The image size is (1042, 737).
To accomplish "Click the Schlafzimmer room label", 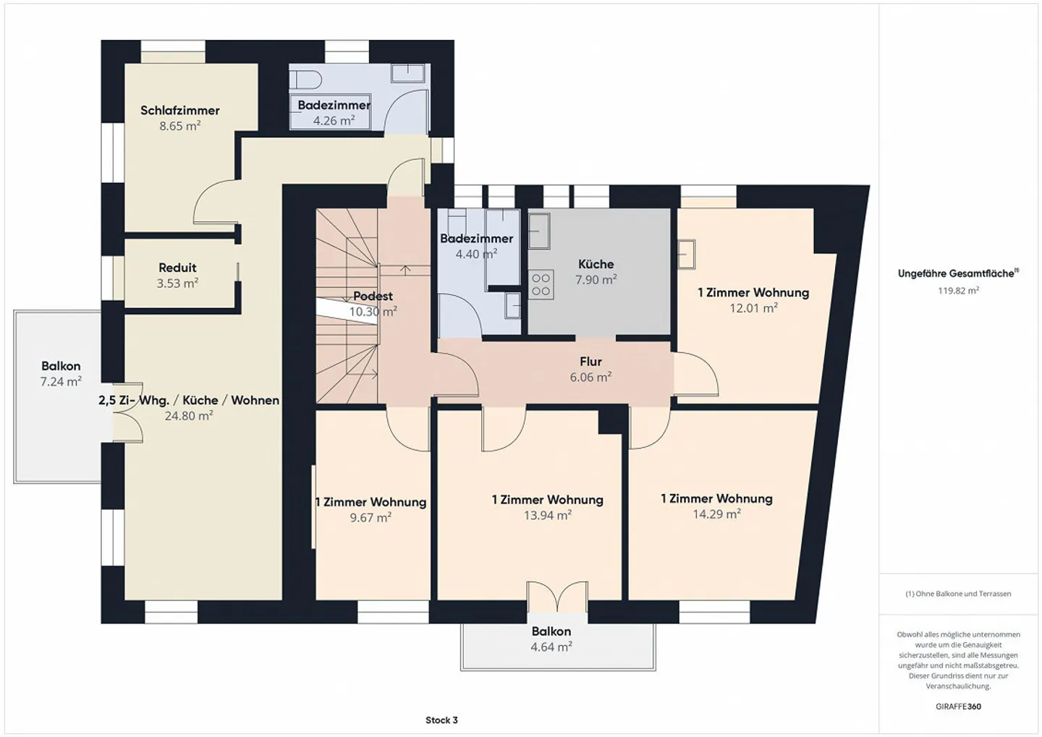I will tap(179, 111).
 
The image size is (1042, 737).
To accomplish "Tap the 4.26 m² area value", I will tap(334, 121).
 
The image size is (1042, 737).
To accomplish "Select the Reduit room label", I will tap(177, 268).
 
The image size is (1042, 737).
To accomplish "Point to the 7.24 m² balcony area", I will tap(61, 381).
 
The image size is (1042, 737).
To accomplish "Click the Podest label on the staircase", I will tap(373, 296).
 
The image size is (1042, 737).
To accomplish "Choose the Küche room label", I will tap(596, 264).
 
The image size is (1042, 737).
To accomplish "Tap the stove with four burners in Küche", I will tap(541, 284).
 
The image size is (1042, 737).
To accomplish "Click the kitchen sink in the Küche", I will tap(539, 231).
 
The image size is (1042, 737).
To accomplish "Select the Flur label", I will tap(590, 362).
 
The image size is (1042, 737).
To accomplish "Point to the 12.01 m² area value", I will tap(753, 308).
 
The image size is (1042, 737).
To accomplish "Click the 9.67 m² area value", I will tap(370, 517).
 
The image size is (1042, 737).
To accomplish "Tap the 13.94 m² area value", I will tap(548, 515).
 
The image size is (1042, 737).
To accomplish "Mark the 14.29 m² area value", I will tap(716, 514).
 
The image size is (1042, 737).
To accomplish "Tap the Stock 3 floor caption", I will tap(441, 720).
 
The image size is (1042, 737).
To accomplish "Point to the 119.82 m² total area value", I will tap(958, 291).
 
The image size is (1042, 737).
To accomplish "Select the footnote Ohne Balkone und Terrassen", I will tap(958, 594).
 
